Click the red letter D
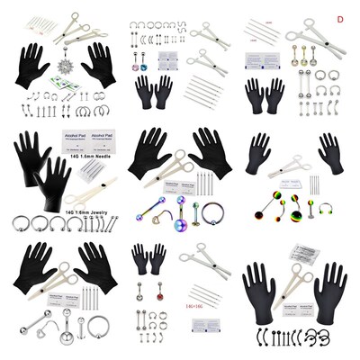click(340, 18)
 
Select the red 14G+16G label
click(193, 307)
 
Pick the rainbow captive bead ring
click(214, 216)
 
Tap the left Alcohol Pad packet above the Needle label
click(76, 140)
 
